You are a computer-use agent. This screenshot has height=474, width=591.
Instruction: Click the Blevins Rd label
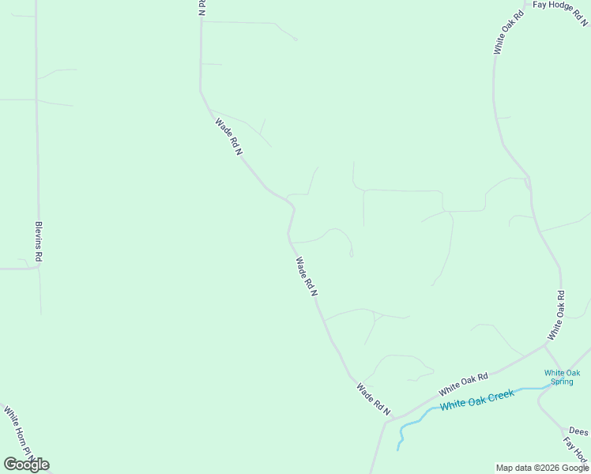[x=38, y=242]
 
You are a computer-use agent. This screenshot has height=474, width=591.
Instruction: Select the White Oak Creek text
[x=477, y=399]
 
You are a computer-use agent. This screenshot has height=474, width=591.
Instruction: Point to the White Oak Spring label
[x=562, y=377]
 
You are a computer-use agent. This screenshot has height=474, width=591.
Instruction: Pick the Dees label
[x=578, y=432]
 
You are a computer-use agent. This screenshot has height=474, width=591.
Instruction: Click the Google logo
[x=26, y=464]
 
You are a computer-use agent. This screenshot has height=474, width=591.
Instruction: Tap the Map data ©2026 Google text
[x=543, y=468]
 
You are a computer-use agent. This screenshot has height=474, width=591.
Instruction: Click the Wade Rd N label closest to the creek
[x=374, y=400]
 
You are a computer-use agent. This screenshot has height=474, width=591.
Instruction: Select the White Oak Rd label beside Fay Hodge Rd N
[x=509, y=32]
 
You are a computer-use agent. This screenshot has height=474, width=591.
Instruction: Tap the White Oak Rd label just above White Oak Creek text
[x=464, y=383]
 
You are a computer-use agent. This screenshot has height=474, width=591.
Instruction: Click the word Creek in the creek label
[x=499, y=393]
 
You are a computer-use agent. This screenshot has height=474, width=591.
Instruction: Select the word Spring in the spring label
[x=562, y=381]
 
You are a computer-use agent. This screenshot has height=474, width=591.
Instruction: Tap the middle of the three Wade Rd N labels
[x=307, y=276]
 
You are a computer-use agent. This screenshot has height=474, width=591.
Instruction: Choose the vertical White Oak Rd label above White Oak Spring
[x=556, y=315]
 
